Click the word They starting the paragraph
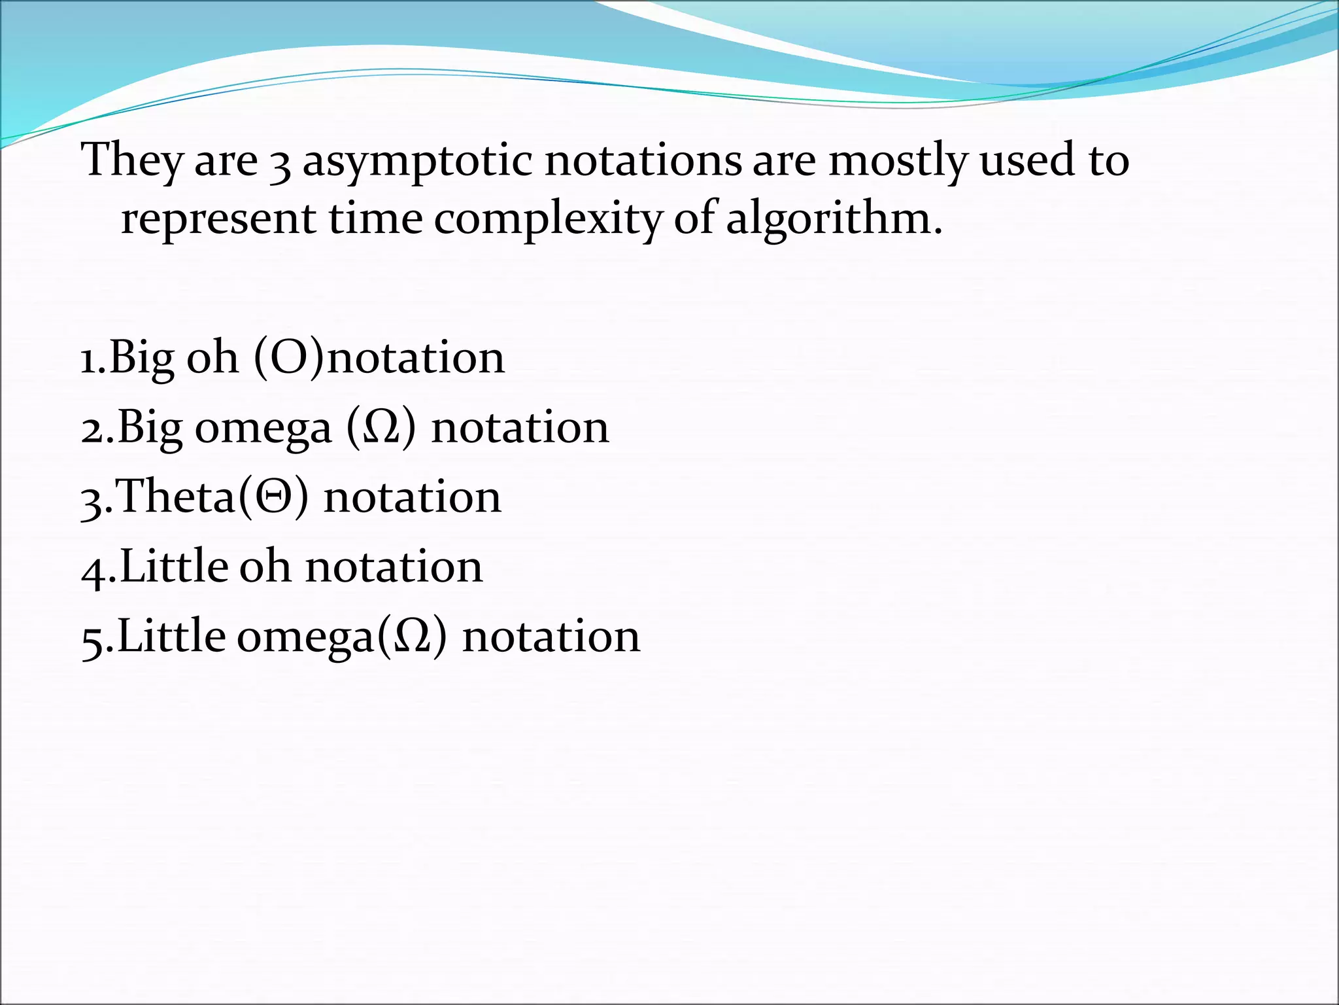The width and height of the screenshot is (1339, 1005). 131,161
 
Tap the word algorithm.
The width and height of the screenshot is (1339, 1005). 834,220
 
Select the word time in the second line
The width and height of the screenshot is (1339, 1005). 375,219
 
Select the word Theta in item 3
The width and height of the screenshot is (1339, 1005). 177,497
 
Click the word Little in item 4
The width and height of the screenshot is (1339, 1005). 173,567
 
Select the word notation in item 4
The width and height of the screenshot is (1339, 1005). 394,567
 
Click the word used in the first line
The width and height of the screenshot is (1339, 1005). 1026,161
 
